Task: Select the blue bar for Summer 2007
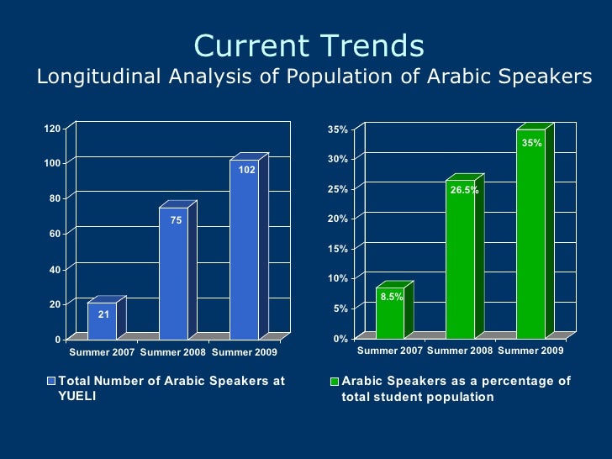tap(103, 321)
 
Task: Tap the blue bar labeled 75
tap(173, 273)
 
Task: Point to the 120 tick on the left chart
tap(52, 129)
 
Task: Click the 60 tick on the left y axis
tap(55, 234)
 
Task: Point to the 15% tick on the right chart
tap(337, 249)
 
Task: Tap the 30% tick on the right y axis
tap(337, 159)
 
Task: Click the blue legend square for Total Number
tap(50, 382)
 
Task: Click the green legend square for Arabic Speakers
tap(335, 382)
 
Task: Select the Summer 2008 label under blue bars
tap(173, 351)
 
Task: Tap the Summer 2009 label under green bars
tap(530, 350)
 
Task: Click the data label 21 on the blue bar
tap(103, 314)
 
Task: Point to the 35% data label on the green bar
tap(531, 144)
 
